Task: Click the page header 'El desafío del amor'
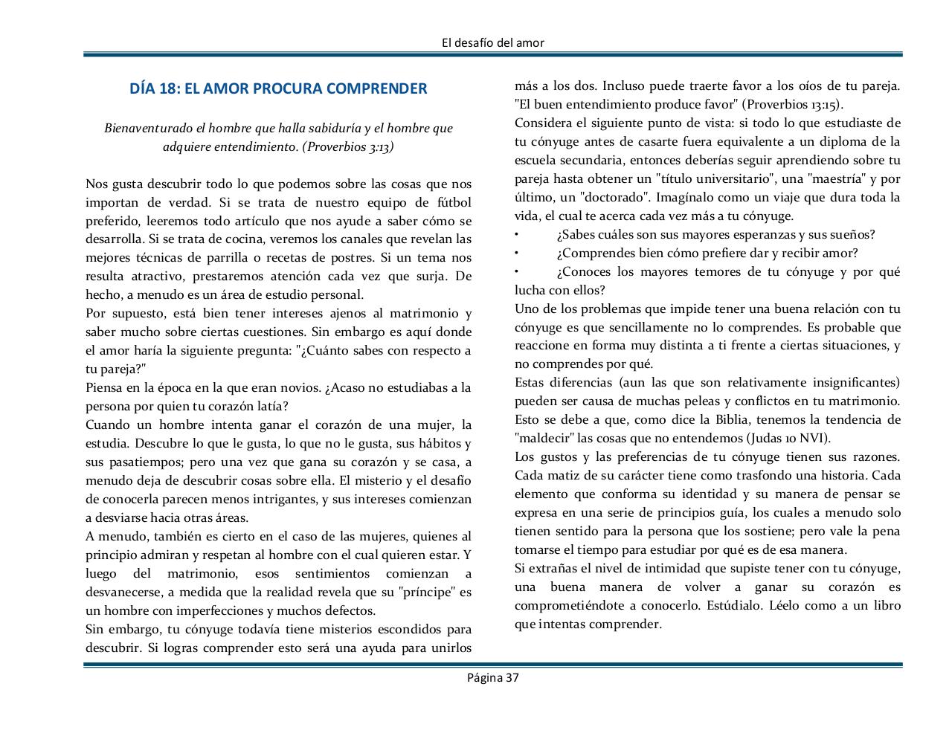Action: coord(492,42)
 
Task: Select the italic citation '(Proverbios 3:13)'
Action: coord(347,146)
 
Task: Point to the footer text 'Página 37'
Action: coord(492,677)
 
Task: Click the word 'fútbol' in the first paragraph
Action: coord(453,202)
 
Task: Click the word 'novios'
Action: coord(297,388)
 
